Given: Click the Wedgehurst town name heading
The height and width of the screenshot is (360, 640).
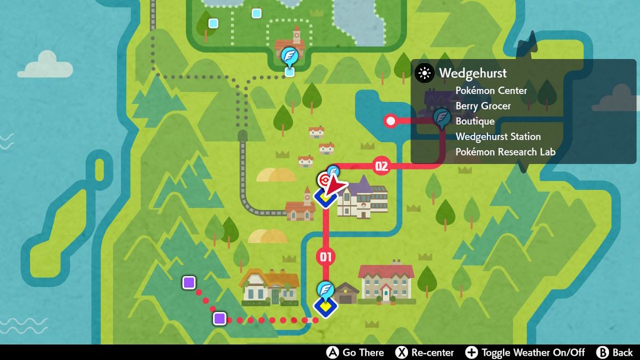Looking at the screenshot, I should [x=473, y=73].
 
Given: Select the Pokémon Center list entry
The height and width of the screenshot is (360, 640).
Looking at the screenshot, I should [x=491, y=91].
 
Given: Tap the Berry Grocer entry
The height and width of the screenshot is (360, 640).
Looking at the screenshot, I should [x=483, y=106].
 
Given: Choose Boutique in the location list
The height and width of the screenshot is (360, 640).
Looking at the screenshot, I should [x=475, y=121].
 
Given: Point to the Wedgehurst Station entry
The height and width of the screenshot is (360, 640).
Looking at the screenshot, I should [x=498, y=137].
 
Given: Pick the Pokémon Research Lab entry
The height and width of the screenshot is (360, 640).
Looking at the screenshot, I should [x=505, y=152].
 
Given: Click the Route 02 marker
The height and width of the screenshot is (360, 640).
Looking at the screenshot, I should [x=381, y=166].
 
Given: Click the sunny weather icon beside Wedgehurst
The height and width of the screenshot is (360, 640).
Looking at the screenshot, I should [x=425, y=73].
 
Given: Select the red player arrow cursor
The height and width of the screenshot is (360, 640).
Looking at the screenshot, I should [x=334, y=187].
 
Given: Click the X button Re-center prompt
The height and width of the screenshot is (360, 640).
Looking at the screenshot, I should [x=425, y=353].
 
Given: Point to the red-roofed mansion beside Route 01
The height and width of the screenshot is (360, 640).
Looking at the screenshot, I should [x=386, y=282].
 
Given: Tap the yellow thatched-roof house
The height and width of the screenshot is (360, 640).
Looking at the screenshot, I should [x=270, y=286].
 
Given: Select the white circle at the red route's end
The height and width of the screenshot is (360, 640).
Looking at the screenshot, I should [x=391, y=121].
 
